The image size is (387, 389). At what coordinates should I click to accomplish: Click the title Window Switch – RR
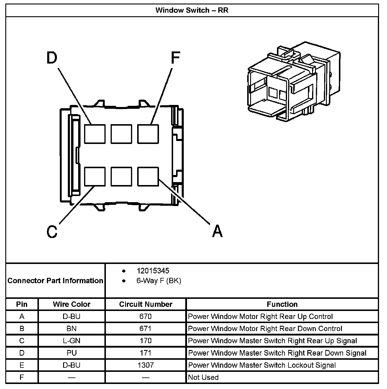(x=192, y=10)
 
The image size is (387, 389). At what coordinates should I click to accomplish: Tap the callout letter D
(x=52, y=58)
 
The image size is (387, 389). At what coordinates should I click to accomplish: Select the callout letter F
(x=175, y=58)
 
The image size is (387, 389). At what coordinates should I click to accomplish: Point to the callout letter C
(x=52, y=231)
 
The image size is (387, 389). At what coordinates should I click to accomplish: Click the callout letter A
(x=217, y=231)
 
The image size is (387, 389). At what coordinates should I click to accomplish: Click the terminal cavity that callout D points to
(x=95, y=134)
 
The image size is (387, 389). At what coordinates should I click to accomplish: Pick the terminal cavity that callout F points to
(x=148, y=134)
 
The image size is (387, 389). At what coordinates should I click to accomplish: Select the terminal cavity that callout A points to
(x=148, y=176)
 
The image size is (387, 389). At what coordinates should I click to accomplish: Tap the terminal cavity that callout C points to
(x=95, y=176)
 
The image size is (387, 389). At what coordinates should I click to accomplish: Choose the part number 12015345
(x=153, y=271)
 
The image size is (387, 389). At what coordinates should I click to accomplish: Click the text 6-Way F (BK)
(x=159, y=281)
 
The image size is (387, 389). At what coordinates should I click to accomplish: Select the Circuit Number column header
(x=145, y=304)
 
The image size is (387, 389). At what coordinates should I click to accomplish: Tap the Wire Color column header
(x=72, y=304)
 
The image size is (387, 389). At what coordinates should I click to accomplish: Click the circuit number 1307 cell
(x=145, y=365)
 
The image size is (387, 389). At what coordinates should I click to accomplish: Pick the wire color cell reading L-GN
(x=72, y=341)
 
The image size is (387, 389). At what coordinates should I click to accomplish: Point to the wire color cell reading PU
(x=72, y=353)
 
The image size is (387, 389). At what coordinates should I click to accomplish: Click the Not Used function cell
(x=203, y=377)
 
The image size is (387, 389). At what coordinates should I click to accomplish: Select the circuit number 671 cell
(x=145, y=329)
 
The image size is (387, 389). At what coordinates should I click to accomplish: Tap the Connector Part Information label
(x=55, y=281)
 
